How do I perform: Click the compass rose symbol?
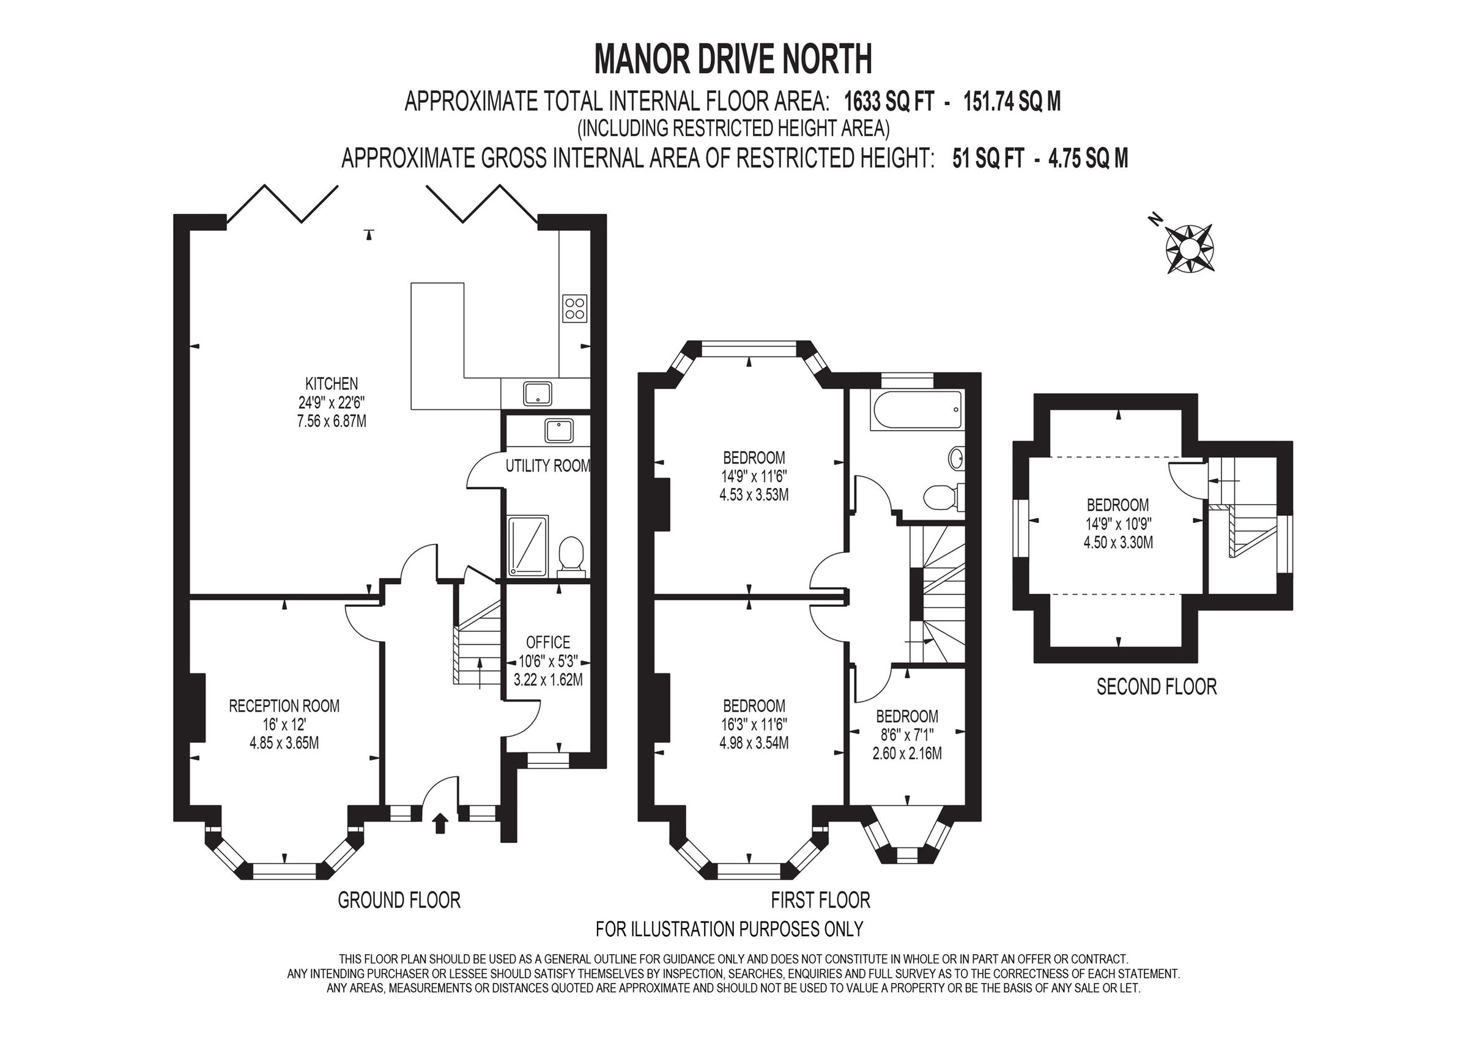pos(1189,248)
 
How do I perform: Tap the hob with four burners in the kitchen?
pos(575,308)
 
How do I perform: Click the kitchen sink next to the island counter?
pos(538,393)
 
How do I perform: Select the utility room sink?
pos(560,431)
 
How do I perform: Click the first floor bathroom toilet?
pos(941,497)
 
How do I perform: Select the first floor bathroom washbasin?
pos(956,458)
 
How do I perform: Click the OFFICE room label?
pos(548,642)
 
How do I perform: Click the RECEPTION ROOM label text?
pos(284,706)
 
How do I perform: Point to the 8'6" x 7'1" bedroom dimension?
pos(907,735)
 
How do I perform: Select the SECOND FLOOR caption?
pos(1156,687)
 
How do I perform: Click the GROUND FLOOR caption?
pos(399,900)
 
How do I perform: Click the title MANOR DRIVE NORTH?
pos(733,59)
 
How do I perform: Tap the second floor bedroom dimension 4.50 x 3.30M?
pos(1118,543)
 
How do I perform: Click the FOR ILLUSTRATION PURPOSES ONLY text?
pos(730,928)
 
